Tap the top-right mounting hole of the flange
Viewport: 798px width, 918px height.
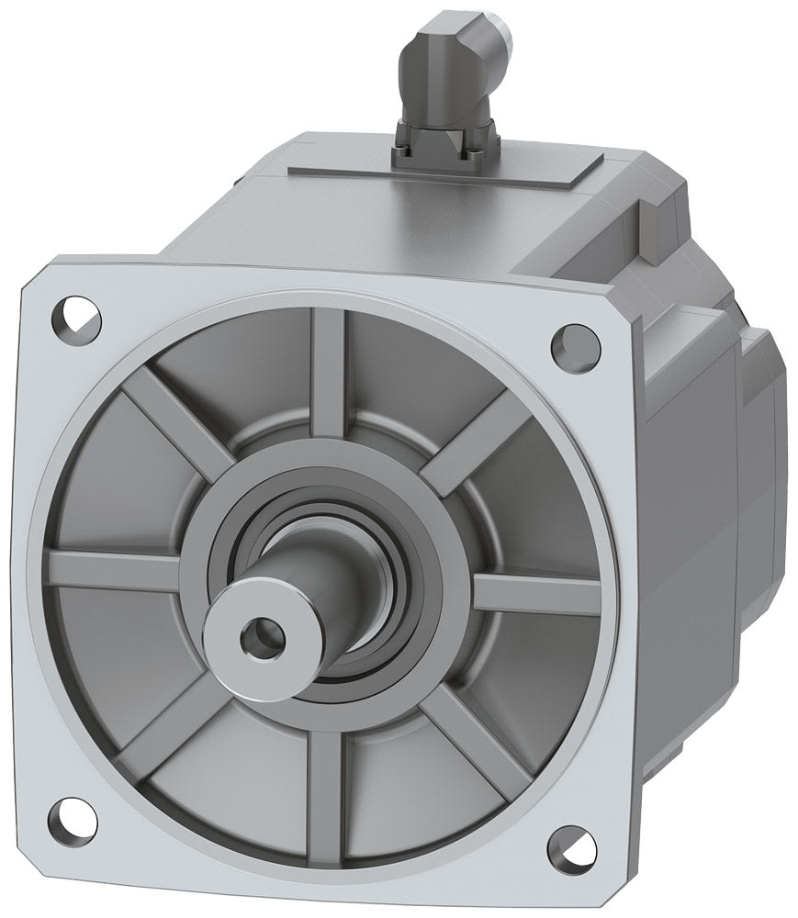pyautogui.click(x=572, y=344)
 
